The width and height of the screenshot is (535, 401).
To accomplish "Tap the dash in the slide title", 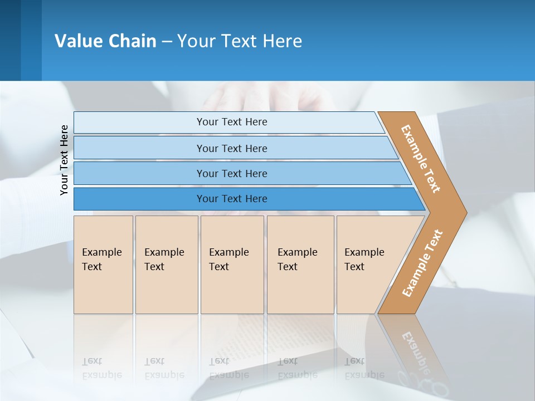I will pyautogui.click(x=167, y=42).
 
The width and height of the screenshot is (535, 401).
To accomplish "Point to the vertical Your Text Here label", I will pyautogui.click(x=64, y=160).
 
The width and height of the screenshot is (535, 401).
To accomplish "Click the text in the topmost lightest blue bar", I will pyautogui.click(x=232, y=122).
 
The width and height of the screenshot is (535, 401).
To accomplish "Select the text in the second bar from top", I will pyautogui.click(x=232, y=148).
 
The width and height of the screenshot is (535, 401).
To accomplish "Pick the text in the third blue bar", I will pyautogui.click(x=232, y=173).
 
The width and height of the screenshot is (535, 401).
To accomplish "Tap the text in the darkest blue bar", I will pyautogui.click(x=232, y=199).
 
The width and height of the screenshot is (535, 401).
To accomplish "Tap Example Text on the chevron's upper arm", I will pyautogui.click(x=421, y=159).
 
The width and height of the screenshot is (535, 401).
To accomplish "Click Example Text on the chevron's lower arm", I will pyautogui.click(x=422, y=263).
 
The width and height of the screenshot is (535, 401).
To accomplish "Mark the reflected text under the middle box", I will pyautogui.click(x=228, y=368).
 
